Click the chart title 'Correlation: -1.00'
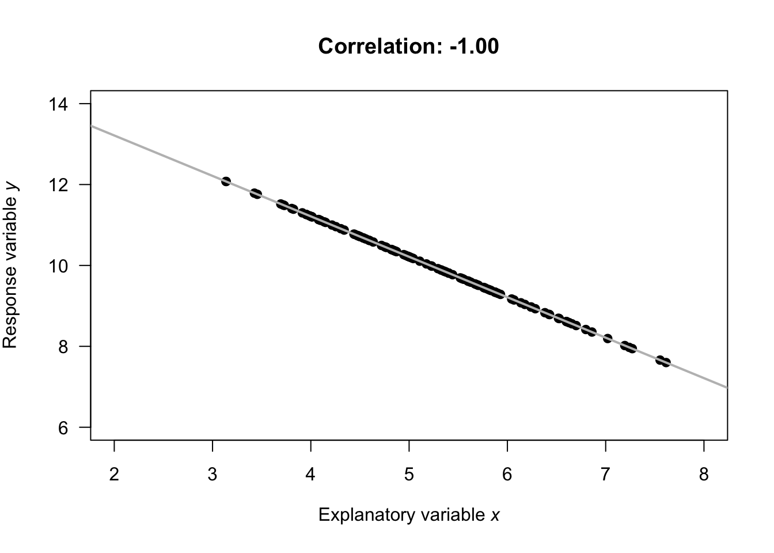pos(408,46)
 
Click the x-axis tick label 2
pos(114,475)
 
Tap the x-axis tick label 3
pos(213,475)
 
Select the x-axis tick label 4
pos(311,475)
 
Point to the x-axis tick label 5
pos(409,475)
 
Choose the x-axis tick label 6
pos(507,475)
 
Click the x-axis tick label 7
pos(605,475)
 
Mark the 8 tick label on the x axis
pos(704,475)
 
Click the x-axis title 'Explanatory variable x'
pos(408,514)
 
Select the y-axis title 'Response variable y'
pos(11,266)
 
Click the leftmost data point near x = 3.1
pos(226,181)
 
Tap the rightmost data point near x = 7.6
pos(666,362)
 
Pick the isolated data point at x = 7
pos(608,338)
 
